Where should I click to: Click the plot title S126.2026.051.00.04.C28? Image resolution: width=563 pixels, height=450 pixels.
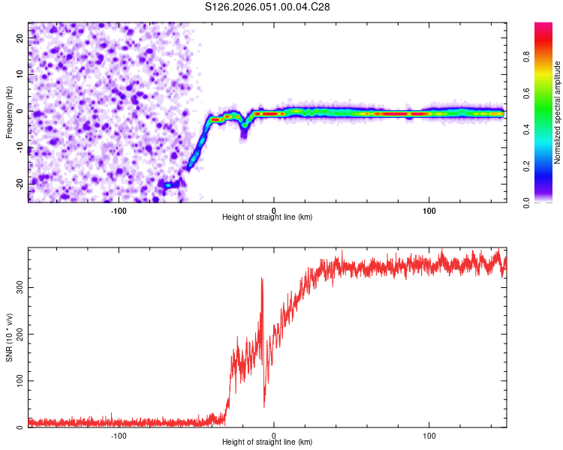tap(268, 7)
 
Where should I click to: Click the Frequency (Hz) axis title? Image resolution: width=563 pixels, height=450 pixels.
tap(9, 111)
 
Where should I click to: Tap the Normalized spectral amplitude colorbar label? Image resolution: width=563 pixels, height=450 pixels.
tap(558, 112)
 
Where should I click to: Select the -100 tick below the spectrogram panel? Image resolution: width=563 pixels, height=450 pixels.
tap(119, 210)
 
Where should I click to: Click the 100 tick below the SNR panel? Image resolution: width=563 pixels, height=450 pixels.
tap(429, 436)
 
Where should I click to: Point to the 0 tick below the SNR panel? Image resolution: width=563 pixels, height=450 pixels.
tap(274, 436)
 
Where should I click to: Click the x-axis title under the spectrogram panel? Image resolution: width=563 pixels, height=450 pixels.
tap(267, 217)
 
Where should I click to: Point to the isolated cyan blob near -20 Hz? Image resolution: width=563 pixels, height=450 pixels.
tap(168, 184)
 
